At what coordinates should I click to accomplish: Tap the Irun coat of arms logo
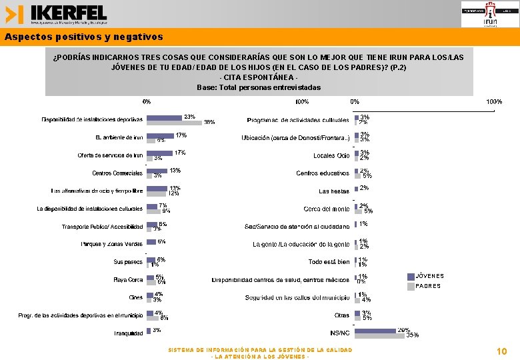[489, 14]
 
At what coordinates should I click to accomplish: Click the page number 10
[502, 351]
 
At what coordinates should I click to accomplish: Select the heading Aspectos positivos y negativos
[83, 37]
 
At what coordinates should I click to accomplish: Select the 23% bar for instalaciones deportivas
[164, 117]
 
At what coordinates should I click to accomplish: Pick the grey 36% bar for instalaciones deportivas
[174, 123]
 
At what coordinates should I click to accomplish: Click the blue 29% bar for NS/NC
[375, 330]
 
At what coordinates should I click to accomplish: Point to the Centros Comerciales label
[117, 173]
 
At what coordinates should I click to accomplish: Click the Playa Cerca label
[128, 280]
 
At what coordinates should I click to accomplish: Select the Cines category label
[136, 297]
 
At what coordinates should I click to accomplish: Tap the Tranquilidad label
[128, 333]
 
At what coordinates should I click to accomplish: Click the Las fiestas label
[334, 191]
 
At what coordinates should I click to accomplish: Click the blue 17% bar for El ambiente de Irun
[160, 135]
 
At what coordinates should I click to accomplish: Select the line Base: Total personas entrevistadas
[259, 87]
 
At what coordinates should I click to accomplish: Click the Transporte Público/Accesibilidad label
[102, 227]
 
